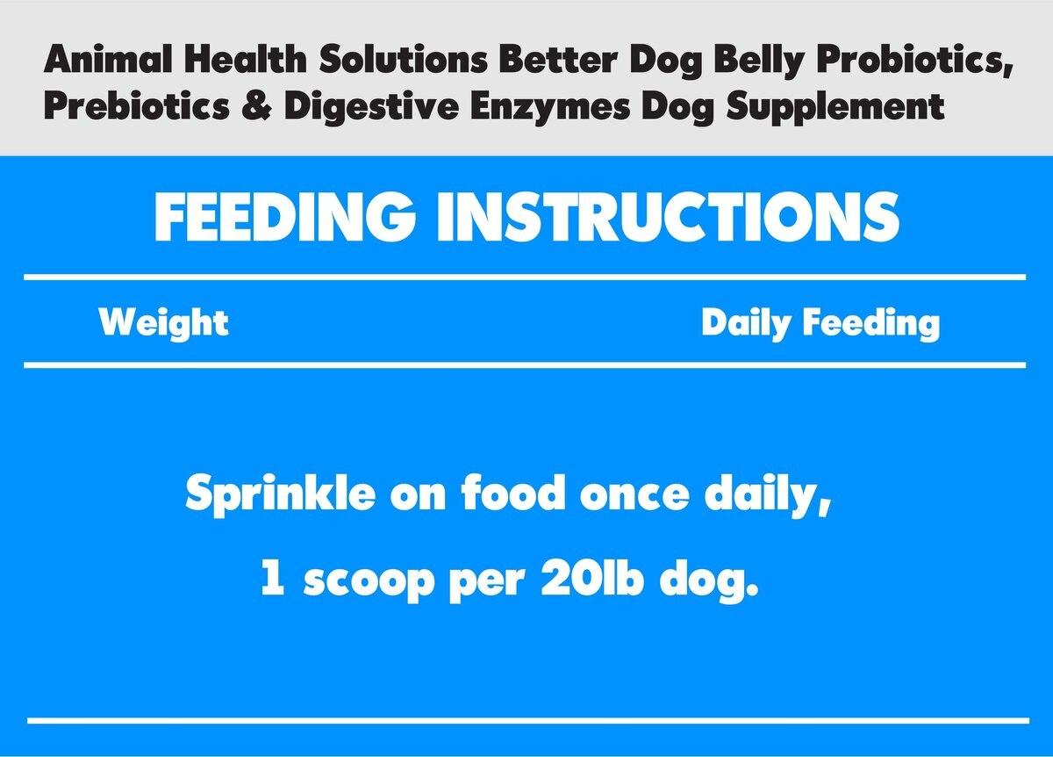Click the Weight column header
[164, 323]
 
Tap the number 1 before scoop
[273, 581]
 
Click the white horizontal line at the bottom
[526, 721]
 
